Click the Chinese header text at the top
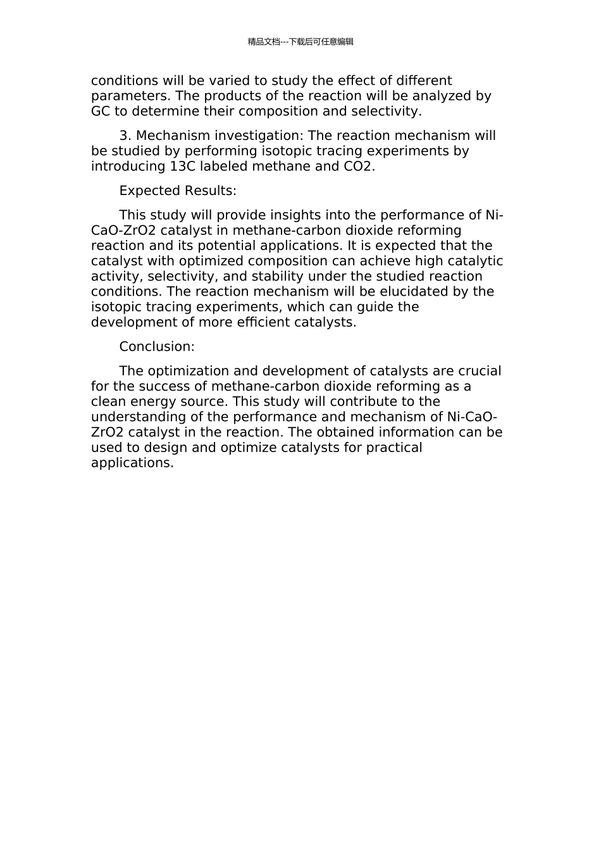pyautogui.click(x=300, y=42)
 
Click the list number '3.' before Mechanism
pyautogui.click(x=125, y=136)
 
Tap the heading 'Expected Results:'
pyautogui.click(x=178, y=191)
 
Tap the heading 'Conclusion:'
pyautogui.click(x=157, y=347)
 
